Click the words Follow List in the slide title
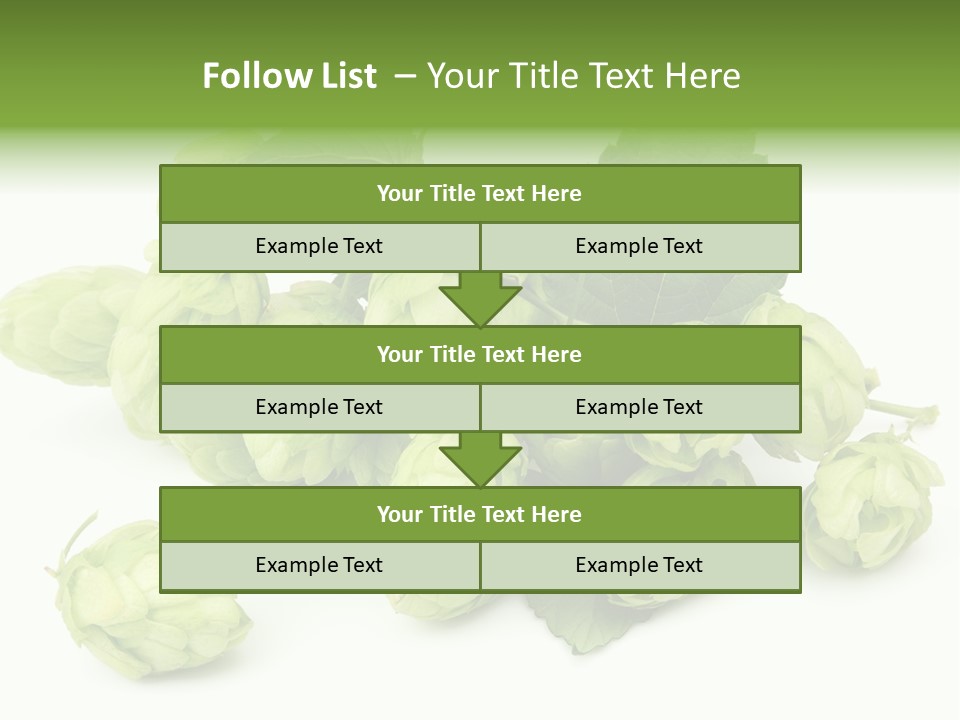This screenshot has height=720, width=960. [x=289, y=76]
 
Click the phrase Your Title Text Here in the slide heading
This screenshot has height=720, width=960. [x=583, y=76]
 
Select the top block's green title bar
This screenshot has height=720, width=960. [x=480, y=194]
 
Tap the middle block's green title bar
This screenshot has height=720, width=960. [x=480, y=355]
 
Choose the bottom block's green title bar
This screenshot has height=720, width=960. [x=480, y=515]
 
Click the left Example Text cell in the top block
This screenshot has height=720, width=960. [x=319, y=247]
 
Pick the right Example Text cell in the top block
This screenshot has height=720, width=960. [x=639, y=247]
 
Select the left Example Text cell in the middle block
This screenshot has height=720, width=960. [x=319, y=407]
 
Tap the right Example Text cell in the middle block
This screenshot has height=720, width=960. [x=639, y=407]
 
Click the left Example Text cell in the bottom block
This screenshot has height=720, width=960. [x=319, y=566]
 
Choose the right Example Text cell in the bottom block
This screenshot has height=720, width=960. [x=639, y=566]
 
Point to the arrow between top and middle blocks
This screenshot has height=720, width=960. [x=480, y=298]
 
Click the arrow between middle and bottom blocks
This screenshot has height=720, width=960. [x=480, y=459]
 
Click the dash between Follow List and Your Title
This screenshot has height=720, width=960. [x=405, y=76]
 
